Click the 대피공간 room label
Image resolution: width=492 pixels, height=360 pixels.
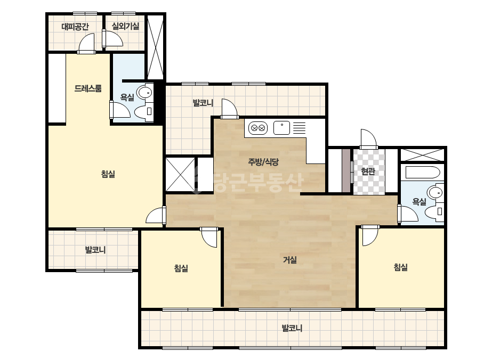[75, 26]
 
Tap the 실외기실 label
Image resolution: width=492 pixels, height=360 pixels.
[125, 26]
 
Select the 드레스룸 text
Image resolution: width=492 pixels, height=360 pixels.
[88, 88]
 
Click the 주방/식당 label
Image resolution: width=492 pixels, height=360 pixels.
[263, 162]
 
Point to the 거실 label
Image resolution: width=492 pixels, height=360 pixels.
[290, 260]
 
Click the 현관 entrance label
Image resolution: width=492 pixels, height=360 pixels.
[368, 171]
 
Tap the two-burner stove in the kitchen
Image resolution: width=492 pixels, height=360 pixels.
[258, 128]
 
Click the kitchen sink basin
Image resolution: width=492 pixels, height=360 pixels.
[282, 128]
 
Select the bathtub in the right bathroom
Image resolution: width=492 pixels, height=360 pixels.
[422, 173]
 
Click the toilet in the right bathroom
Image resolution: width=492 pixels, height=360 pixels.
[434, 211]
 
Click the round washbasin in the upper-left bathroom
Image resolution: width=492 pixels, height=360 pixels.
[146, 92]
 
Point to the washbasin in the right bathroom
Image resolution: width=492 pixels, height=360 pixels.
[436, 192]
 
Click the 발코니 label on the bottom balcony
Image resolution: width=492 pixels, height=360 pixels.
[292, 328]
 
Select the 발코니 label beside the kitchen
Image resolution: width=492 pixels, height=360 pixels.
[203, 103]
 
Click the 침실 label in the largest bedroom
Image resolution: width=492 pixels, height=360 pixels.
[108, 174]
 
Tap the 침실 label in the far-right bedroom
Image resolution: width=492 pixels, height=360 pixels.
[401, 267]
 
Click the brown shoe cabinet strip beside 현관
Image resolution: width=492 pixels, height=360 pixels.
[346, 171]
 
